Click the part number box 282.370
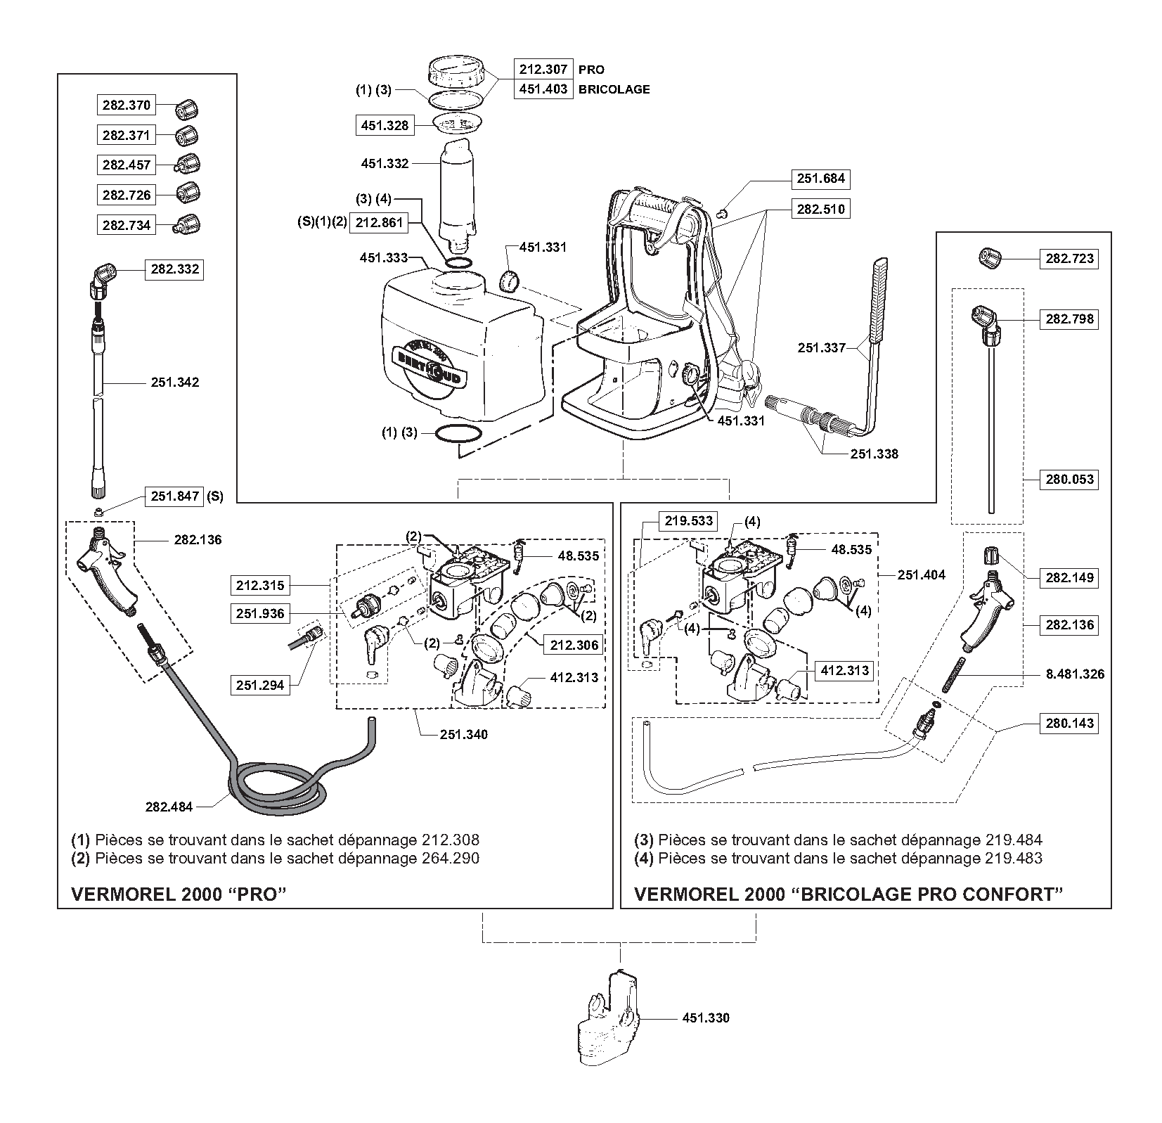(127, 105)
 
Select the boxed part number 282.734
(127, 225)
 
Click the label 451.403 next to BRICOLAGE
(543, 89)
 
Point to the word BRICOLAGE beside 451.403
(614, 89)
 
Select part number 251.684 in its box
(820, 179)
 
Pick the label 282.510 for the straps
(820, 209)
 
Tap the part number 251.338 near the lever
(874, 454)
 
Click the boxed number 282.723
(1069, 258)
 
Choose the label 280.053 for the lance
(1069, 480)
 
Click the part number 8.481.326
(1075, 674)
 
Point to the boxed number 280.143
(1069, 723)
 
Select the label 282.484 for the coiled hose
(169, 807)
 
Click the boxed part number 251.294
(260, 685)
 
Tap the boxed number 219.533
(689, 521)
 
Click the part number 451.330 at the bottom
(706, 1018)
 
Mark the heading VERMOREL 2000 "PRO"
(180, 894)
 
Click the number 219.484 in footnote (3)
(1013, 840)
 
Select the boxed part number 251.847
(174, 496)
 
